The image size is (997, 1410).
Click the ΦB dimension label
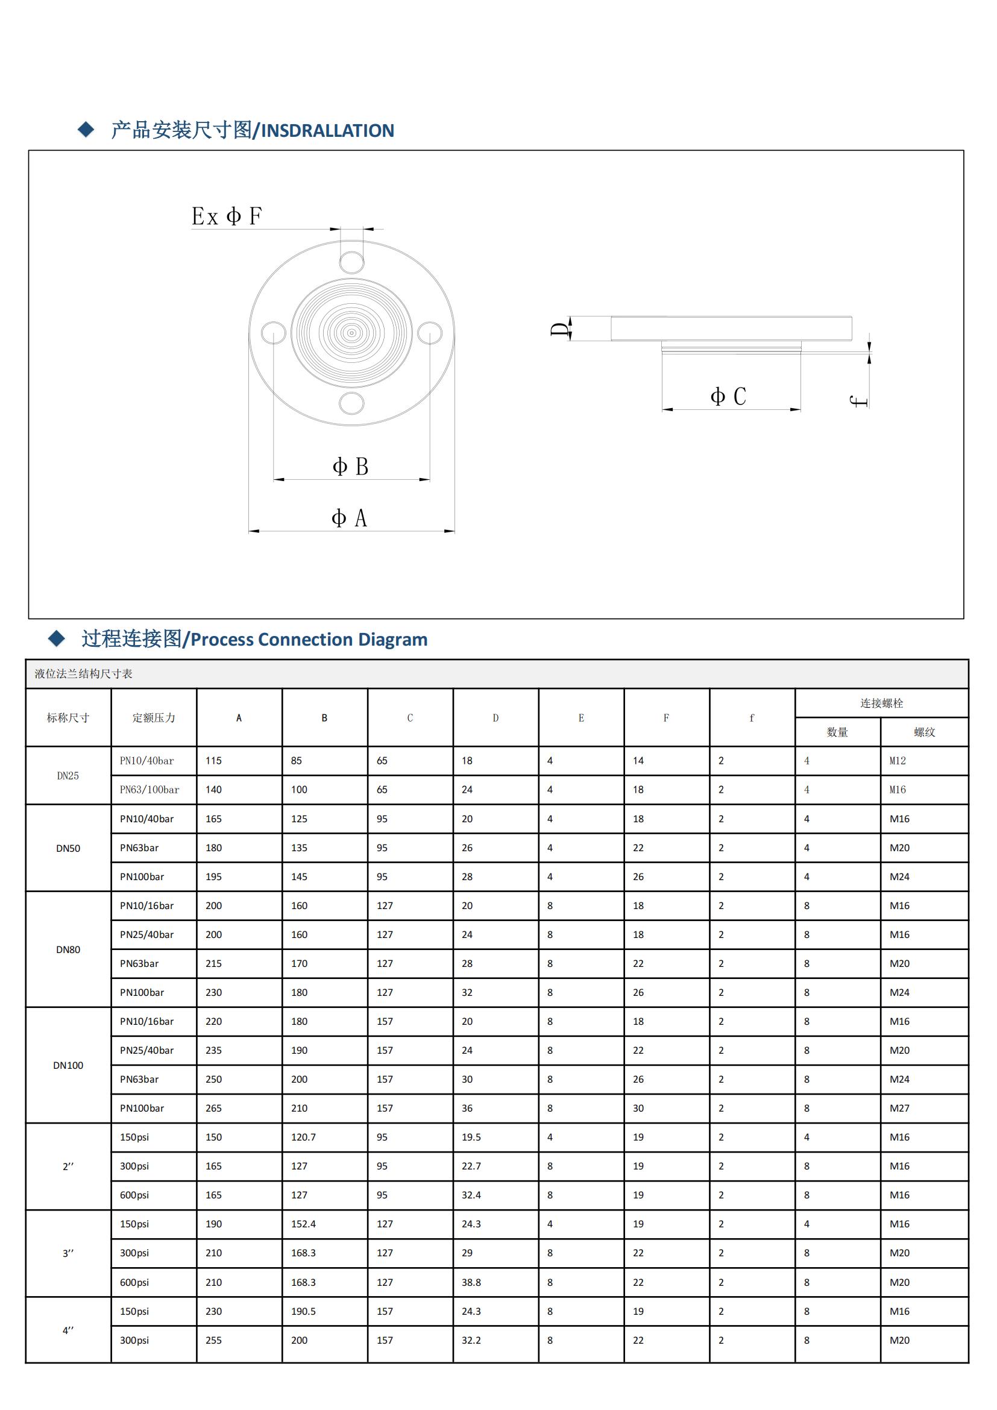tap(350, 467)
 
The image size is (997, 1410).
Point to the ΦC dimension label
tap(728, 397)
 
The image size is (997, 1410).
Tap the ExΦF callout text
tap(227, 216)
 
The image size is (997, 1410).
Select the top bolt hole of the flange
tap(352, 262)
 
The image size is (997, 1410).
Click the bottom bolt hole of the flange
tap(352, 403)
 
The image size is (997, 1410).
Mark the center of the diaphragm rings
tap(351, 333)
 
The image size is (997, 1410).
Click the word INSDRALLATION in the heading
tap(328, 131)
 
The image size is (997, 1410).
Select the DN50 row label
tap(68, 848)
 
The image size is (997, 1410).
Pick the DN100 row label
tap(68, 1065)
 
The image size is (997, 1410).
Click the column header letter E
tap(580, 718)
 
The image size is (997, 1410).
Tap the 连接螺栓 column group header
tap(881, 703)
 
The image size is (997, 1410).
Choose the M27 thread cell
tap(899, 1109)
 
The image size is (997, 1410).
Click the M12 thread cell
tap(898, 761)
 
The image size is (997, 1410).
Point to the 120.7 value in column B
tap(303, 1138)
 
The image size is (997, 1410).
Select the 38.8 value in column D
tap(471, 1282)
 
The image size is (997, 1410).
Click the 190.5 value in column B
tap(303, 1311)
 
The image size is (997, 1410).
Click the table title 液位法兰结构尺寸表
tap(84, 674)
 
